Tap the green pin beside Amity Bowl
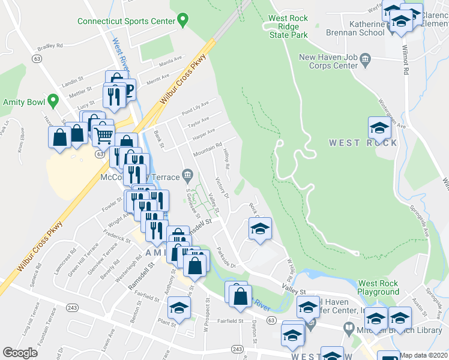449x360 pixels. (x=53, y=102)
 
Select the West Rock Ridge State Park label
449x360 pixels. (x=288, y=27)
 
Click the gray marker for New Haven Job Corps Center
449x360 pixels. (x=366, y=58)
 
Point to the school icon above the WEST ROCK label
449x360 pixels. (x=379, y=128)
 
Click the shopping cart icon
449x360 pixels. (x=103, y=136)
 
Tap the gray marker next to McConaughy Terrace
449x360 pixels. (x=188, y=177)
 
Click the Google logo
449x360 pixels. (x=20, y=353)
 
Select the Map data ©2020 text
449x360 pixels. (x=424, y=355)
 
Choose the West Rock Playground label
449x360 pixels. (x=378, y=287)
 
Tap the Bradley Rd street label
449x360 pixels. (x=50, y=46)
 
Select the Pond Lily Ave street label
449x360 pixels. (x=196, y=107)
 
